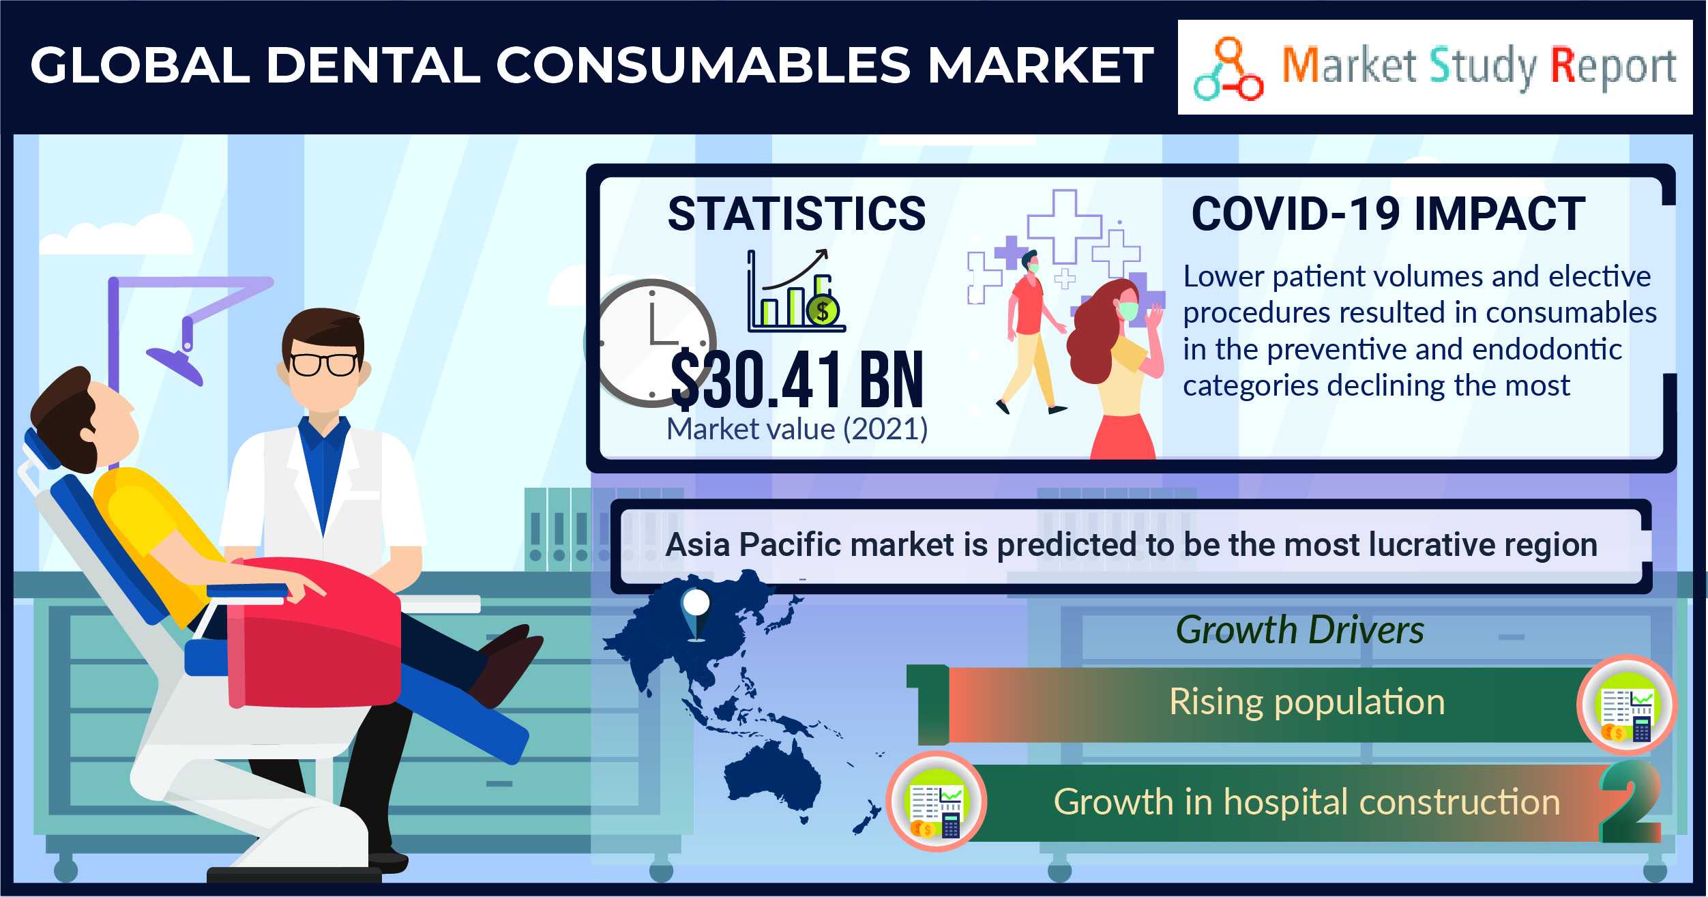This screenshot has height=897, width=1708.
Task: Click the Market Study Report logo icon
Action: point(1228,69)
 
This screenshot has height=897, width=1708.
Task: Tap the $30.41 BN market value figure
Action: point(797,379)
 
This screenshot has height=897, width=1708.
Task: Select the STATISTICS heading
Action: point(797,214)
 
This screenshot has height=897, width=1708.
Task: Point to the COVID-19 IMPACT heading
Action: point(1388,214)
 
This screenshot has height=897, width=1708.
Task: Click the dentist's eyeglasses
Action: point(324,364)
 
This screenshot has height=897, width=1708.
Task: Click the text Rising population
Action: point(1307,702)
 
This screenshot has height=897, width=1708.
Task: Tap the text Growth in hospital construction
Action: point(1307,802)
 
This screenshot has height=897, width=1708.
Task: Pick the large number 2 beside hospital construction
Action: point(1630,801)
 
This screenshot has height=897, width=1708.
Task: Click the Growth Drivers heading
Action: point(1299,630)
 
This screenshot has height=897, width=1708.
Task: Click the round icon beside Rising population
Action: point(1626,705)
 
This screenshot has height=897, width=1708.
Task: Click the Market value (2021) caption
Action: point(797,430)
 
